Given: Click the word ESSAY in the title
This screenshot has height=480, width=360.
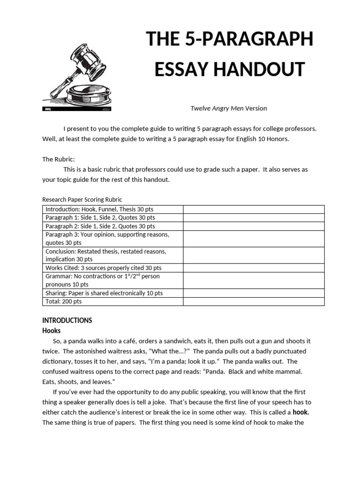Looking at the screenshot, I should click(182, 69).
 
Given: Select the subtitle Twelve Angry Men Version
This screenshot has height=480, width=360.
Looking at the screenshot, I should click(228, 108).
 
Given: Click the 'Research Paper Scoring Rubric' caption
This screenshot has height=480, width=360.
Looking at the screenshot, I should click(82, 199).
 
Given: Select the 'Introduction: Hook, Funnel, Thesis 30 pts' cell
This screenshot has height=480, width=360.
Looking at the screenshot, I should click(104, 209).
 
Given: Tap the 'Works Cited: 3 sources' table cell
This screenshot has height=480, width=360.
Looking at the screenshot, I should click(103, 268).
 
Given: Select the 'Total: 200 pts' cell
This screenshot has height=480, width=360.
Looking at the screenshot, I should click(63, 301).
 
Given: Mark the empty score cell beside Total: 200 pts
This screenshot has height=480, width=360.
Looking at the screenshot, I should click(253, 301).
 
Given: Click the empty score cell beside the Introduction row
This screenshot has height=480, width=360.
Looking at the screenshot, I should click(253, 209).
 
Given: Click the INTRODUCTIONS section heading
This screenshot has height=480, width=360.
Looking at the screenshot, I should click(67, 321).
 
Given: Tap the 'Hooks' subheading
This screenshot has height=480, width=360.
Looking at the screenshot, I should click(52, 330).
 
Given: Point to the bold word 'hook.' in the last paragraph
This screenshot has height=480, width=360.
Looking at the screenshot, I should click(301, 412).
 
